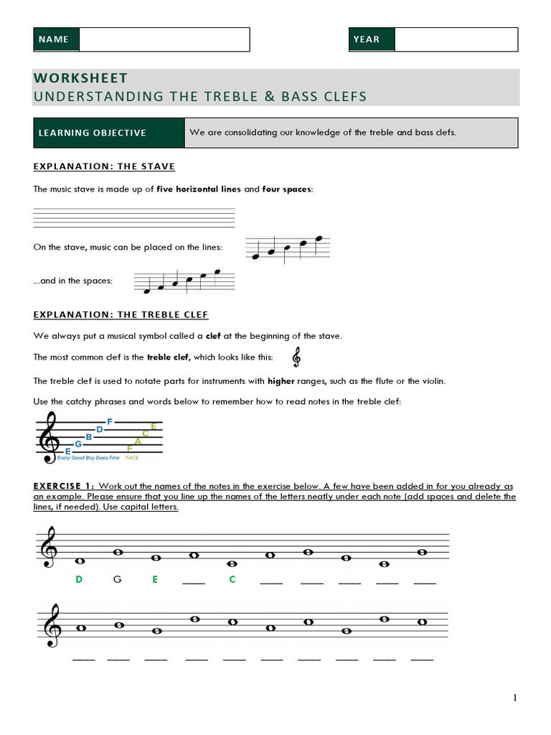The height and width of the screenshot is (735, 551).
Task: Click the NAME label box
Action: tap(56, 39)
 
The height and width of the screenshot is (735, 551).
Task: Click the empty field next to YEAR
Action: tap(456, 39)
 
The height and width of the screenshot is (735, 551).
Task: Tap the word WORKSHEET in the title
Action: tap(80, 78)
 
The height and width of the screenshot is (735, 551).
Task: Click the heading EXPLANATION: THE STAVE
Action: tap(104, 167)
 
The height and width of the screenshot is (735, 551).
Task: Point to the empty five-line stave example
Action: tap(134, 218)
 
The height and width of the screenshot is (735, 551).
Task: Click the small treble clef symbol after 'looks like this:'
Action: tap(296, 357)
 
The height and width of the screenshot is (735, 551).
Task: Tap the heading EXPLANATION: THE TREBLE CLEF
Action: tap(121, 315)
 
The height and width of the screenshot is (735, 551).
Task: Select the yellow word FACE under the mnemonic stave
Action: tap(132, 457)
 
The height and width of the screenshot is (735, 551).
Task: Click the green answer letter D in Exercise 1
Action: tap(79, 579)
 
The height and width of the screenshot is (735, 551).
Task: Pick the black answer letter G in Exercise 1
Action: tap(118, 579)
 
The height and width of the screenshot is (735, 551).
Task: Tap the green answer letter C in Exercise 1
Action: tap(232, 579)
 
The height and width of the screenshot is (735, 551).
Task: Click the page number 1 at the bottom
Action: tap(514, 698)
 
